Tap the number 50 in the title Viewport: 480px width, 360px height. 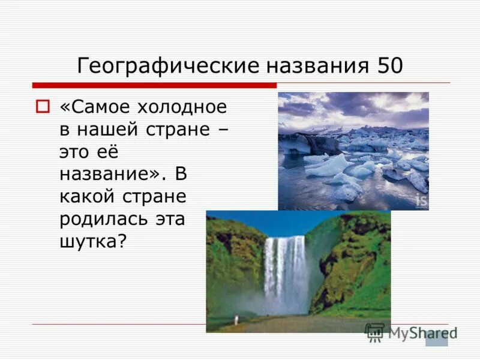point(390,65)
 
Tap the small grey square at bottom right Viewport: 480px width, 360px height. point(436,338)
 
